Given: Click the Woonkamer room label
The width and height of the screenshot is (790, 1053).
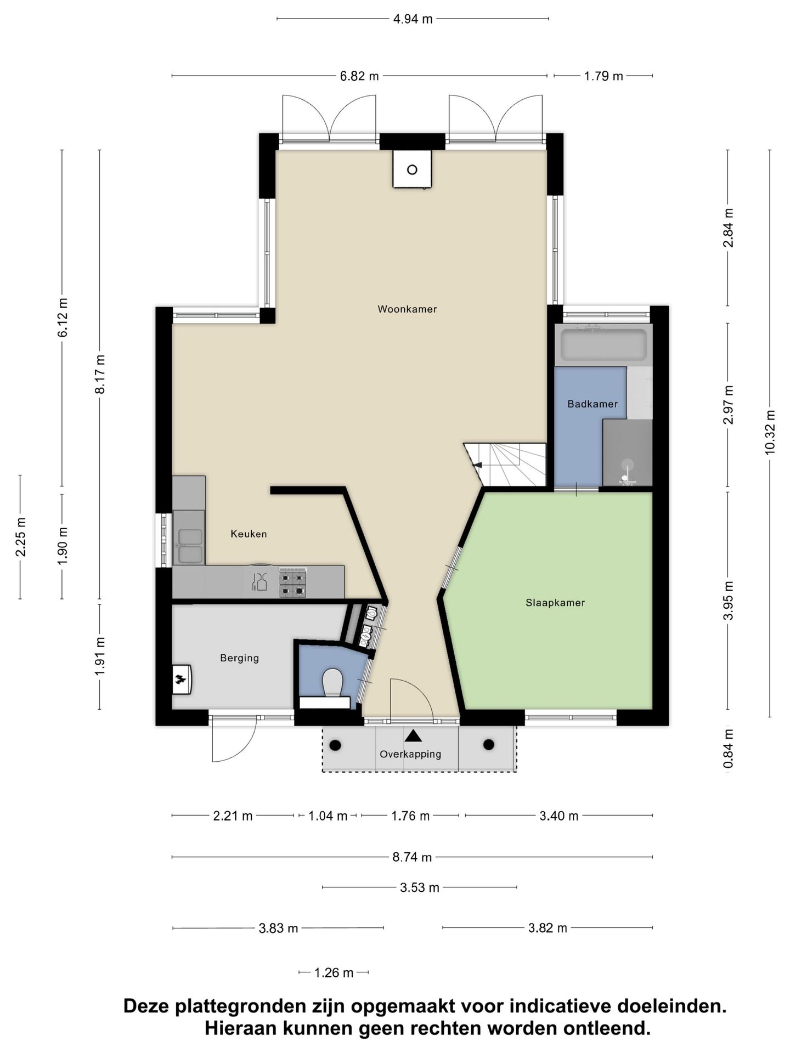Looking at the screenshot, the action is (x=407, y=309).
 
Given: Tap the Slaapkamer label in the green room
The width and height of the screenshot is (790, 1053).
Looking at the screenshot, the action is (x=555, y=603).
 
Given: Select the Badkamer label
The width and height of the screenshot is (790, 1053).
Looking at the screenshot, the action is (x=592, y=404).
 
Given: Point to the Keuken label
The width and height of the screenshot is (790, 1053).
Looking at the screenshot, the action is (x=249, y=534).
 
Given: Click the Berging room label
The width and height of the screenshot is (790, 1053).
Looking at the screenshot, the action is (x=239, y=658).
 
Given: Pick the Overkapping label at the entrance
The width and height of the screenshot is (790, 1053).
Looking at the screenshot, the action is (x=410, y=754).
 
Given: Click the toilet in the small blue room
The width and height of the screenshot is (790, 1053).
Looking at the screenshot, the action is (x=332, y=682).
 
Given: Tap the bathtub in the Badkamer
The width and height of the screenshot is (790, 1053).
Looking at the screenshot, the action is (x=603, y=344).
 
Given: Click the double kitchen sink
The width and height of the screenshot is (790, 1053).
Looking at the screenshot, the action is (x=189, y=546).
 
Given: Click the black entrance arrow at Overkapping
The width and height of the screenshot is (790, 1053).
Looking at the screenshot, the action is (x=413, y=735).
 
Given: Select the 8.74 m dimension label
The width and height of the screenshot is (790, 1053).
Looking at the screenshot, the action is (x=412, y=857).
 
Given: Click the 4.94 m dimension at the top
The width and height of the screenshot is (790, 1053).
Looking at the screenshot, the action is (x=413, y=19).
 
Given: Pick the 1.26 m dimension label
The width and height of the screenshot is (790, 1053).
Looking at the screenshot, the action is (x=334, y=973).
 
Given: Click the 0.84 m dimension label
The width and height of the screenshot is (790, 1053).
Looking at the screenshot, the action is (x=728, y=749).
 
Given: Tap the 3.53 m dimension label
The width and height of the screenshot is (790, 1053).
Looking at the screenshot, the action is (x=420, y=887).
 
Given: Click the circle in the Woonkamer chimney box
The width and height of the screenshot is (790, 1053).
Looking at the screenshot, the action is (x=412, y=169).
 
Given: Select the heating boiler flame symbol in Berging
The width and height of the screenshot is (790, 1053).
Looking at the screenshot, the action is (x=180, y=680).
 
